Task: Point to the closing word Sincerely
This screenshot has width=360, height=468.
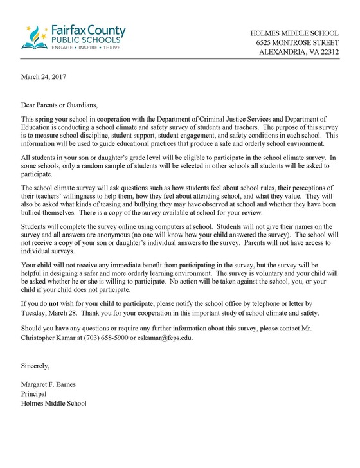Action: tap(35, 366)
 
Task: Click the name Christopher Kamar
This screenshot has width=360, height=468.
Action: tap(48, 336)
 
